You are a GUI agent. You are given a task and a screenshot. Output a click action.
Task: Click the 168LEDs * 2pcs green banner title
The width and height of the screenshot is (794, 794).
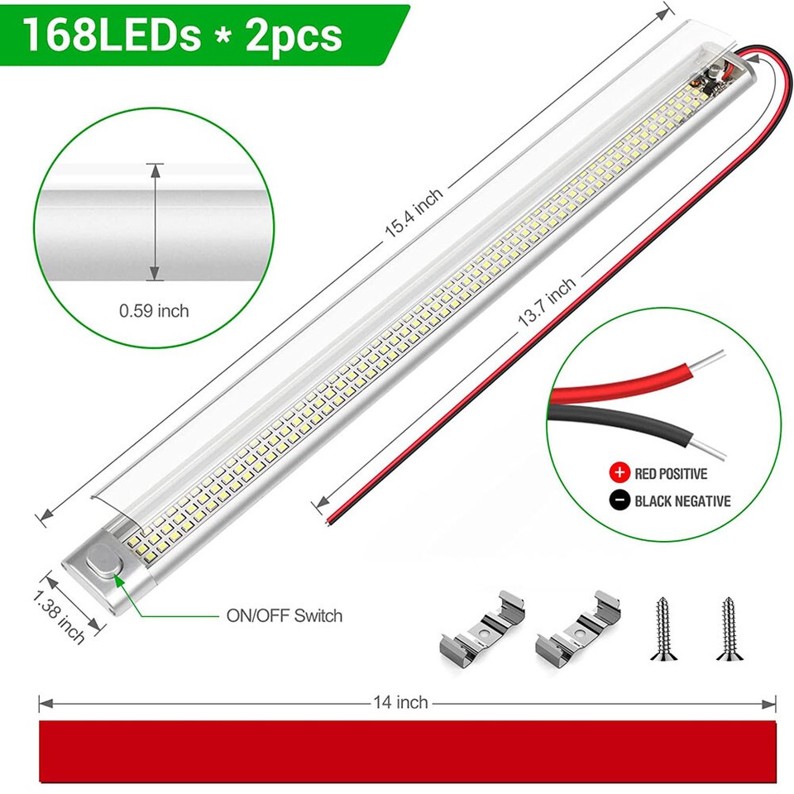[x=183, y=36]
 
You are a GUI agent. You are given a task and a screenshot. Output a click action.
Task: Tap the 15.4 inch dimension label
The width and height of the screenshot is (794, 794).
[x=414, y=213]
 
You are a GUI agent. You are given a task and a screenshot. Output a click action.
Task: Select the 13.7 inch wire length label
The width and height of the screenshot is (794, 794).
[x=546, y=305]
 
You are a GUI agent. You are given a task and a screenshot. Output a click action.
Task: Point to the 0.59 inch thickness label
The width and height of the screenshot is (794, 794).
[x=154, y=311]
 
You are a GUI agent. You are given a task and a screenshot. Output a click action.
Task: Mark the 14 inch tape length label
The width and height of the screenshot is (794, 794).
[x=401, y=702]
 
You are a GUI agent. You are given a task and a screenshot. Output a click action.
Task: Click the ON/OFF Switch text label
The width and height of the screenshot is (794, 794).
[x=284, y=615]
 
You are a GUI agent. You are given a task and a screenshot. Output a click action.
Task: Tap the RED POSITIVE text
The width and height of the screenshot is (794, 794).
[x=670, y=474]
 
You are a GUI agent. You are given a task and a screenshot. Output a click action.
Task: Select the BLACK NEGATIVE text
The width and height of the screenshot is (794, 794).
[x=682, y=500]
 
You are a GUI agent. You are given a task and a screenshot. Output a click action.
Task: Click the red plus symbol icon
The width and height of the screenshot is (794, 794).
[x=619, y=474]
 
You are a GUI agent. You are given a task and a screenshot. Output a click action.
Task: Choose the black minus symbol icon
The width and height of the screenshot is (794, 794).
[x=619, y=500]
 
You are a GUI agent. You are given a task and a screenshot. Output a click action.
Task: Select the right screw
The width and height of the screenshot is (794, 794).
[x=727, y=629]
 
